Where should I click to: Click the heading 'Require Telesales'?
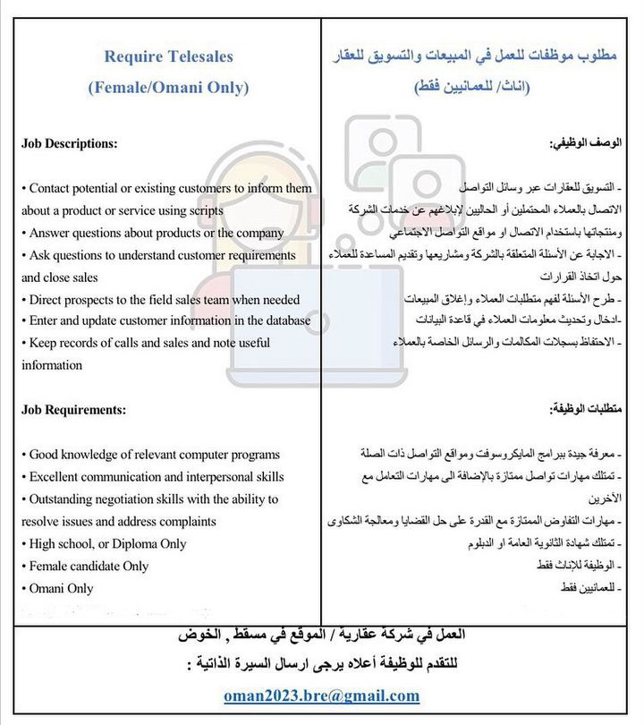click(x=168, y=56)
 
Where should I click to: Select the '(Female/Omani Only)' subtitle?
click(x=168, y=88)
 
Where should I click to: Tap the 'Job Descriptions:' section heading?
click(x=69, y=143)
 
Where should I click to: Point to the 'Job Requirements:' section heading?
click(x=72, y=409)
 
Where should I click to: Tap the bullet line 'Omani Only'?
click(x=61, y=588)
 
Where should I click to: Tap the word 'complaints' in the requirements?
click(x=185, y=521)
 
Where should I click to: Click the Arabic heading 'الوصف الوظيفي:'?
click(x=587, y=143)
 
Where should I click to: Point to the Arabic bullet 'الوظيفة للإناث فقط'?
click(x=582, y=566)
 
